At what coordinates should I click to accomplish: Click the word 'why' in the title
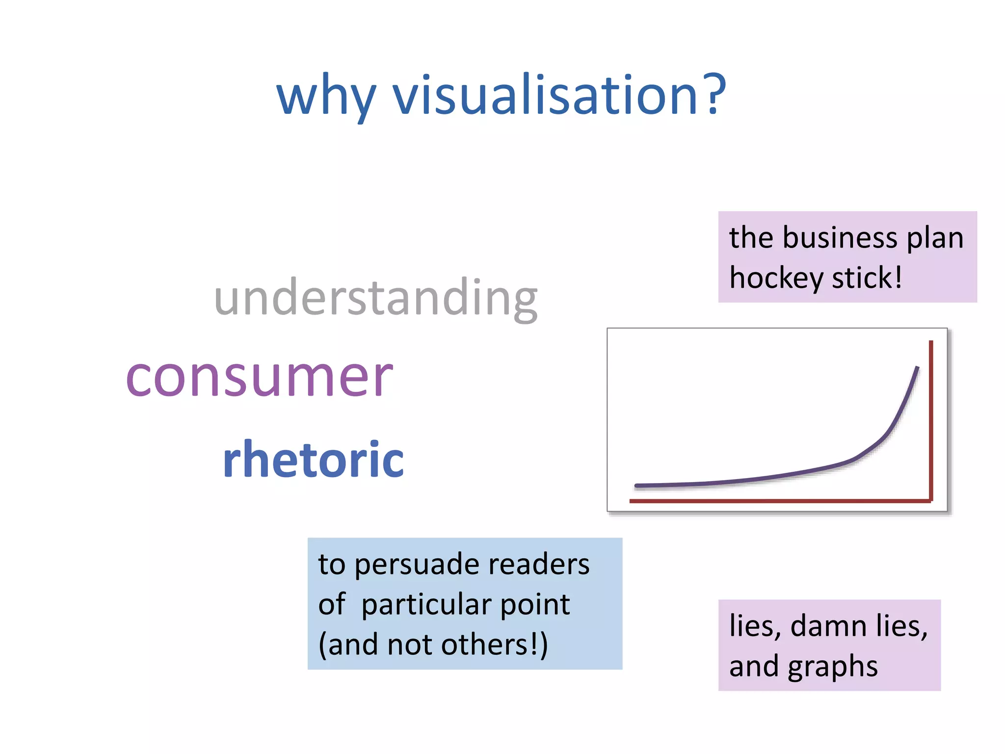326,96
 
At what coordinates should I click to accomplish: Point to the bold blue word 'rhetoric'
313,459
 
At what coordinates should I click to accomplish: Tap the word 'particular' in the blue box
425,605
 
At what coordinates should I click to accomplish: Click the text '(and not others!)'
433,645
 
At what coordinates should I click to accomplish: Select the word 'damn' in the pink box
828,626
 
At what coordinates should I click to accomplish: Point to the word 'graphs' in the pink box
833,667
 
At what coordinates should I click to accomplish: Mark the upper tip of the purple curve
917,368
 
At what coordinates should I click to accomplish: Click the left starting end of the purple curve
637,485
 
